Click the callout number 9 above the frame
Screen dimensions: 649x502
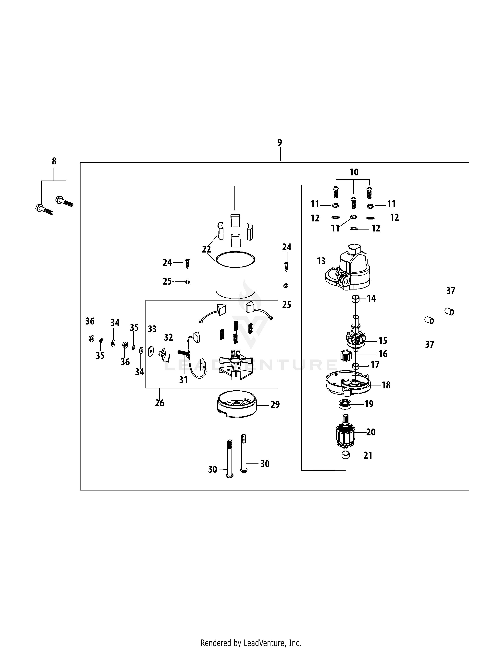click(x=280, y=143)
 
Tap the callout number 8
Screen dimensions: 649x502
click(x=54, y=161)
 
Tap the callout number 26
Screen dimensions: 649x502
click(x=159, y=403)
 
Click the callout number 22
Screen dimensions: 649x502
click(x=206, y=249)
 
